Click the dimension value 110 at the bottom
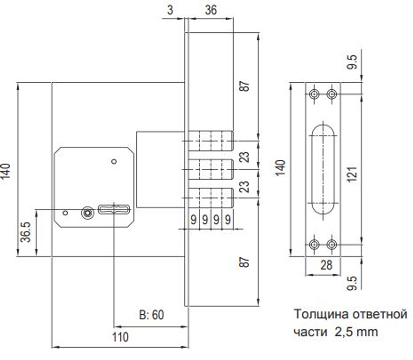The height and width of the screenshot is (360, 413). pos(120,337)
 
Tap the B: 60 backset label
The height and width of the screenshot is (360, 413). pos(152,315)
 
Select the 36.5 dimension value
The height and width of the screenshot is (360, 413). pos(26,232)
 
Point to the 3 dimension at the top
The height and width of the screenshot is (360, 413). pos(170,10)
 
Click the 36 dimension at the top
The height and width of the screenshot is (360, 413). pos(211,10)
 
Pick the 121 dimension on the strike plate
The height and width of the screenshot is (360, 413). pos(352,174)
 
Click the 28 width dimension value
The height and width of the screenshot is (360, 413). pos(326,265)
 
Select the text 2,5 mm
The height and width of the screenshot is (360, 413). pos(356,332)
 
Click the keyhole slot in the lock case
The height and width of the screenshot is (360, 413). pos(114,210)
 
